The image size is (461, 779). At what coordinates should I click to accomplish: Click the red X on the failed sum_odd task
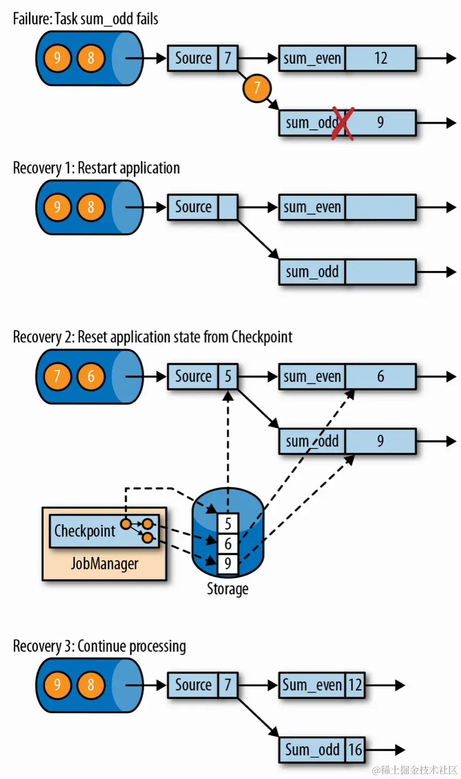(x=343, y=123)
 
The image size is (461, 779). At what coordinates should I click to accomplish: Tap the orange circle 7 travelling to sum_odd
(x=257, y=87)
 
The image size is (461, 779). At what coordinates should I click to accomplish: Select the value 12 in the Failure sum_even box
(x=381, y=58)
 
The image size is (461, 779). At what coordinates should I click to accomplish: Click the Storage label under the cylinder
(x=227, y=589)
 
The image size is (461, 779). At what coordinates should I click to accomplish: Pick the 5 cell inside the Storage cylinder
(x=228, y=523)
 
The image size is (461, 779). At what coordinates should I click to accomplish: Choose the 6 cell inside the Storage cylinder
(x=228, y=543)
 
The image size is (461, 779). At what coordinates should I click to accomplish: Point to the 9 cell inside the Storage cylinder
(x=228, y=563)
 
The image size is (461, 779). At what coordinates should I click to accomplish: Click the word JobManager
(x=105, y=564)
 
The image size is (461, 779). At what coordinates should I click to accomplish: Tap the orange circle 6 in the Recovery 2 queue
(x=91, y=376)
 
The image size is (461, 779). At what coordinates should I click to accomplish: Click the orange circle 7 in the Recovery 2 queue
(x=57, y=376)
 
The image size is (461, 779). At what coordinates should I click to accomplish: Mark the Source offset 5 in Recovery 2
(x=228, y=376)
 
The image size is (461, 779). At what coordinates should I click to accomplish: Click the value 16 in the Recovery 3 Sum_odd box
(x=355, y=749)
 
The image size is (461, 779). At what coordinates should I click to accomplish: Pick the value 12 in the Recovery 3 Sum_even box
(x=355, y=685)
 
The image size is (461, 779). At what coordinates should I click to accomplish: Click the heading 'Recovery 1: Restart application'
(x=96, y=168)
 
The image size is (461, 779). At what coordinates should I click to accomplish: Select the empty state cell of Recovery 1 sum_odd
(x=381, y=272)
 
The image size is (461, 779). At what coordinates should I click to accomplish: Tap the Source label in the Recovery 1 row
(x=193, y=207)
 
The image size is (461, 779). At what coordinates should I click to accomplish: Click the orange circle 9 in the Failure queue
(x=57, y=58)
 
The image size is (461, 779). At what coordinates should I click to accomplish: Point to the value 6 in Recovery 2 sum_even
(x=381, y=376)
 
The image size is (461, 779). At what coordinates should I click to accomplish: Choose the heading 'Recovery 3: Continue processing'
(x=100, y=646)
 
